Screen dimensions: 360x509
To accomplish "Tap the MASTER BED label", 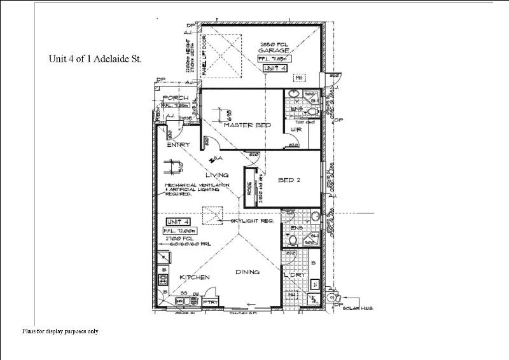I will coord(247,125).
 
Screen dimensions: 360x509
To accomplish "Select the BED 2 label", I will coord(289,180).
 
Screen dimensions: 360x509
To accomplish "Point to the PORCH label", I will coord(175,98).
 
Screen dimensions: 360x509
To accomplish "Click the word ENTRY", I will coord(178,145).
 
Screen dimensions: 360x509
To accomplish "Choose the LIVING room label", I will coord(216,174).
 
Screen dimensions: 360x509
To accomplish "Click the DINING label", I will coord(248,272).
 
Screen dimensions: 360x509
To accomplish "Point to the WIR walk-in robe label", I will coord(295,130).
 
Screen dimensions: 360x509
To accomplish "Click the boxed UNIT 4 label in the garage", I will coord(275,67).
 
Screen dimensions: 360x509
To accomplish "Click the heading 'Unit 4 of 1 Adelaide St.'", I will coord(95,59).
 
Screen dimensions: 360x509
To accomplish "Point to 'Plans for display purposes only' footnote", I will coord(60,331).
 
